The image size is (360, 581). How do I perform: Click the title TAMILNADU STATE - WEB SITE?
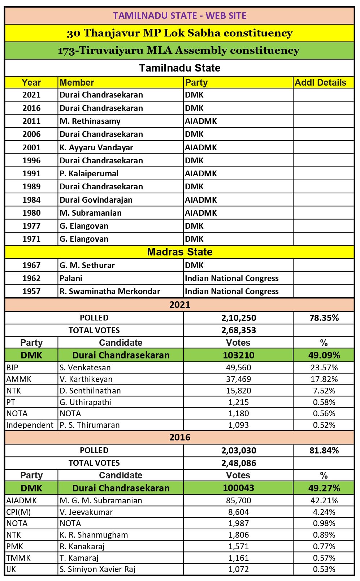coord(179,16)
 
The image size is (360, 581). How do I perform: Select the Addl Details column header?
coord(320,82)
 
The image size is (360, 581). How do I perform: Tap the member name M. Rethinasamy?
coord(90,121)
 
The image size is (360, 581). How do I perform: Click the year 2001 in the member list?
coord(31,147)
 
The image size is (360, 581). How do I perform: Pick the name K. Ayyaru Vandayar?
coord(96,147)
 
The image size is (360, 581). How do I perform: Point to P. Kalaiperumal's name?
coord(89,173)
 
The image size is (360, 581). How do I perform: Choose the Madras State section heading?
coord(179,252)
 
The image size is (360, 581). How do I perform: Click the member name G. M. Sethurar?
coord(87,265)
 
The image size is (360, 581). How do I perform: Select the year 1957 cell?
coord(31,291)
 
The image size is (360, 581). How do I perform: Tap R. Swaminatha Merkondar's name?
coord(110,291)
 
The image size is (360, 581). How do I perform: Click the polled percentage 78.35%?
coord(324,318)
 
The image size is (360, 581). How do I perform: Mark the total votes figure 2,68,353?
coord(238,330)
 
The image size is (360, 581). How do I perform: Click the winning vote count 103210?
coord(238,355)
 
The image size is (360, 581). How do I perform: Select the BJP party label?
coord(12,367)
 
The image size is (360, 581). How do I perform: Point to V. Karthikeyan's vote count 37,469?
coord(238,379)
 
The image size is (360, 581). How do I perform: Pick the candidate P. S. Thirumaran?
coord(90,425)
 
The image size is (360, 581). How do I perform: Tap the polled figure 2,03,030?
coord(238,451)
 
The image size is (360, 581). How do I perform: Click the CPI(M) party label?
coord(18,512)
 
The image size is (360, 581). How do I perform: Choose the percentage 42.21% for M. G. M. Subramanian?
coord(324,500)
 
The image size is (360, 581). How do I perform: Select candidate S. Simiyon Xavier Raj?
coord(97,569)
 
